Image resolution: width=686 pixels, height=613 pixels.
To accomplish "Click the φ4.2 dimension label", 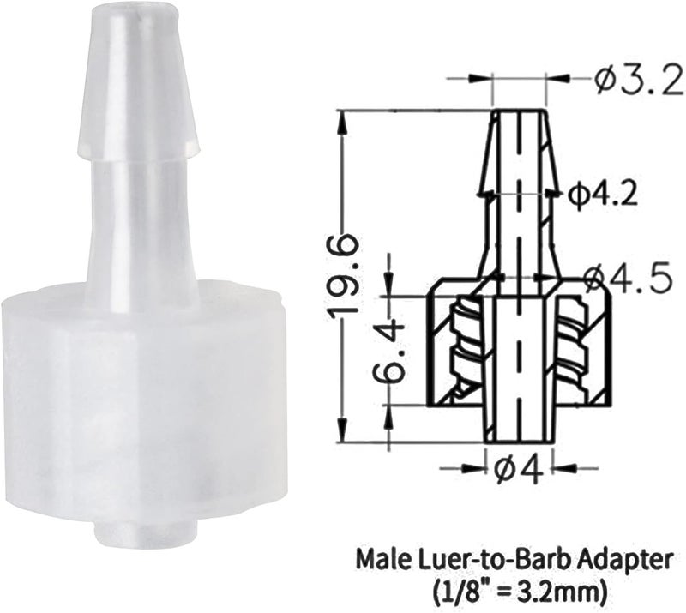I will [x=605, y=195].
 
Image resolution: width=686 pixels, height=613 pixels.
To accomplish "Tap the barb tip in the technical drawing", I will [x=520, y=116].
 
